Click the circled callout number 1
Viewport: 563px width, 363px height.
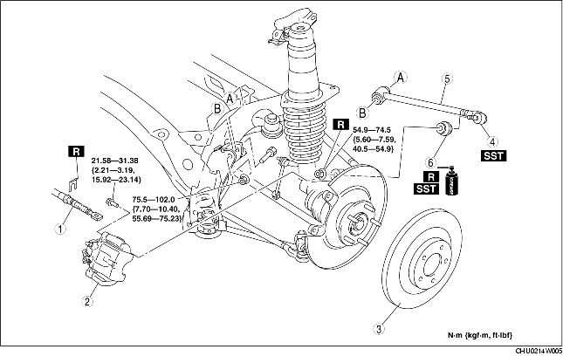(60, 229)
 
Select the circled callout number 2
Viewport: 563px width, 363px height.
(87, 301)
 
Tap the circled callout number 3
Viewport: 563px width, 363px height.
(380, 328)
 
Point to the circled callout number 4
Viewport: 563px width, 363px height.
(493, 142)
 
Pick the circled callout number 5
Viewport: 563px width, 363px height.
(447, 79)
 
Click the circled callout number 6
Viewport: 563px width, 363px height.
(431, 163)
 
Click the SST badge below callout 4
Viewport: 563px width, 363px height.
(494, 156)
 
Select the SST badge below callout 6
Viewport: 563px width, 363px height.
(426, 188)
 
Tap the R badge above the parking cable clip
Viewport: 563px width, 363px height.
(76, 152)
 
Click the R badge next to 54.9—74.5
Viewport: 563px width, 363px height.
(340, 124)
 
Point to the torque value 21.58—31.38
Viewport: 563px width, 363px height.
(115, 161)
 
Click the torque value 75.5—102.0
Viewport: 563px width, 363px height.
(154, 200)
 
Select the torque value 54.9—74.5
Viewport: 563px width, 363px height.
(372, 130)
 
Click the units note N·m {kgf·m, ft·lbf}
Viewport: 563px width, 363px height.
(480, 335)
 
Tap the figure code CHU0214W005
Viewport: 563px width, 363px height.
(539, 351)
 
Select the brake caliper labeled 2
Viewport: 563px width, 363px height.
(107, 259)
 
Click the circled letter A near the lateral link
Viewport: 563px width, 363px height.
(401, 77)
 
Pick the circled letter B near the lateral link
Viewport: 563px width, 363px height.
(362, 113)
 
